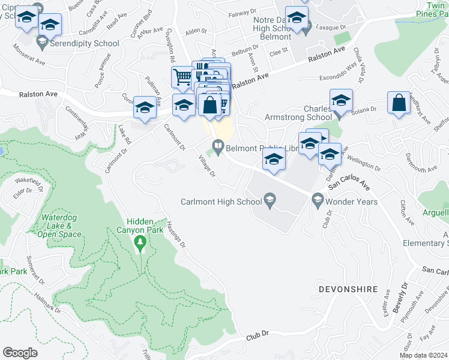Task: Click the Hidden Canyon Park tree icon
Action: (140, 243)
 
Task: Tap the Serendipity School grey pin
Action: (42, 43)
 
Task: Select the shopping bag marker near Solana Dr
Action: (399, 103)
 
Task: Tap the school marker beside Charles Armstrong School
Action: (341, 100)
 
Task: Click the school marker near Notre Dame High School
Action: (297, 18)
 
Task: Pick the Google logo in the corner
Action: (20, 353)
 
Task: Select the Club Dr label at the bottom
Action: (256, 339)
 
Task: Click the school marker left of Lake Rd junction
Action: (145, 109)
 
